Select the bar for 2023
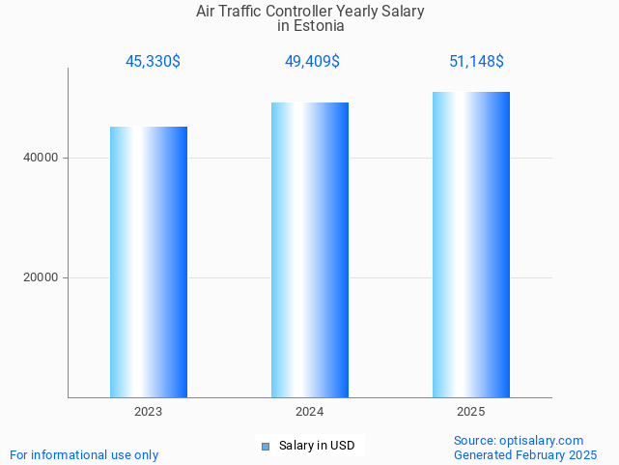coord(149,262)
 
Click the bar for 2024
coord(310,249)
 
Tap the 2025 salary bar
coord(471,245)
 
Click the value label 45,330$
coord(153,62)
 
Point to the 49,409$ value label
coord(312,62)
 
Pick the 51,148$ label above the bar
coord(476,62)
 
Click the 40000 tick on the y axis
coord(40,158)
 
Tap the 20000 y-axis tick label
coord(40,277)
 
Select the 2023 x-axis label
coord(149,412)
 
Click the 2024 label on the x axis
coord(310,412)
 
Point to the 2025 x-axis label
coord(471,412)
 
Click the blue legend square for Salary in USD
coord(265,446)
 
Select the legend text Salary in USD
coord(317,446)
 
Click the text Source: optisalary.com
coord(519,440)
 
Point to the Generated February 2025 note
coord(525,454)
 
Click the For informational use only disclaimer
coord(84,454)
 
